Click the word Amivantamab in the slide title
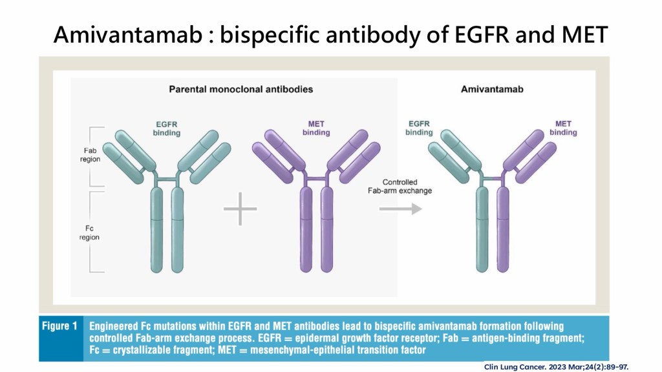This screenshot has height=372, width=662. click(x=128, y=34)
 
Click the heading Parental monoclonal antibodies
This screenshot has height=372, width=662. click(x=240, y=89)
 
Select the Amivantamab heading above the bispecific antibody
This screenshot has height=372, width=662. click(x=492, y=89)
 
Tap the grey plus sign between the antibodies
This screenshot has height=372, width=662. click(x=240, y=209)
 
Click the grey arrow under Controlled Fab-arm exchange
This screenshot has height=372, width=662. click(x=400, y=209)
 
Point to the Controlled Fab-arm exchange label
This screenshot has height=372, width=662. click(x=400, y=187)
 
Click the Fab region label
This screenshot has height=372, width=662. click(x=90, y=155)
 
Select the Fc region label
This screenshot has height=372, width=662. click(x=89, y=232)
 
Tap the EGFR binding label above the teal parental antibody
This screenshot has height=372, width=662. click(x=166, y=129)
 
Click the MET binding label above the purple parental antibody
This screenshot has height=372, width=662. click(x=315, y=129)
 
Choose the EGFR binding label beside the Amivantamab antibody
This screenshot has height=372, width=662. click(x=419, y=129)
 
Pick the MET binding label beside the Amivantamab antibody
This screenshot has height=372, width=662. click(x=563, y=129)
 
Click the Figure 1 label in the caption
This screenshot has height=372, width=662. click(x=59, y=326)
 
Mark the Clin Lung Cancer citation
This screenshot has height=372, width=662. click(x=556, y=367)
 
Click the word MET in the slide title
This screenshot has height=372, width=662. click(x=584, y=34)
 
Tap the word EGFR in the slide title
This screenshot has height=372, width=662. click(x=481, y=34)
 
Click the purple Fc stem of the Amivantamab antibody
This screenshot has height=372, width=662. click(x=503, y=229)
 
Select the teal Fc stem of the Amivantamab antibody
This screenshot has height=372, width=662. click(x=482, y=229)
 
